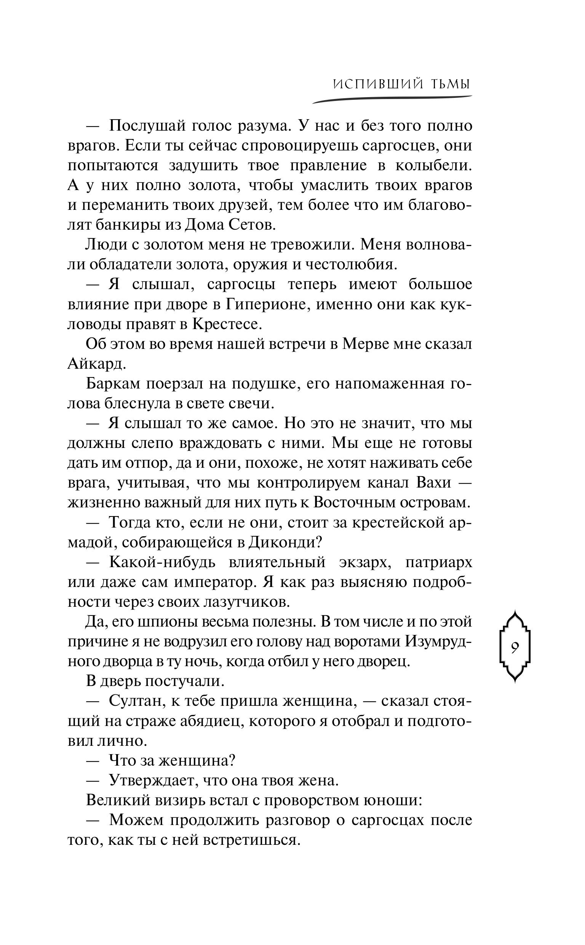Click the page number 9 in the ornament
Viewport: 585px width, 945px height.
(515, 647)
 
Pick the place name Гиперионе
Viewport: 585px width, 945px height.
(268, 304)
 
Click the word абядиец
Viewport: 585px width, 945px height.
(211, 721)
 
